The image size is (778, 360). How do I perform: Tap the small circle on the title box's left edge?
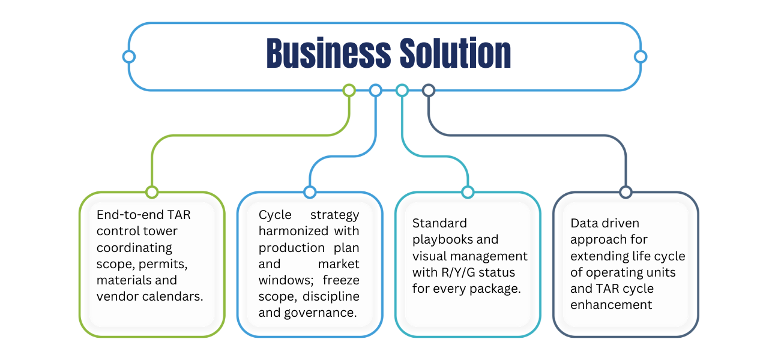128,56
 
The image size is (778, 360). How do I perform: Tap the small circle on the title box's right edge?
641,56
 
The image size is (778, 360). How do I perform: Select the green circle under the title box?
349,91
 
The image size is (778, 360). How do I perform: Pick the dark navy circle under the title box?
428,91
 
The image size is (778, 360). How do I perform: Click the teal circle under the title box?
402,91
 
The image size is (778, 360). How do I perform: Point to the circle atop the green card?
152,192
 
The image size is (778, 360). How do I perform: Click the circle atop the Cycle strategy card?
310,192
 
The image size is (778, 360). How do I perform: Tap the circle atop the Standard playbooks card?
468,192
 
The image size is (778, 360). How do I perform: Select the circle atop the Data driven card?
626,192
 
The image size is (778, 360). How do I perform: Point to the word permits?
155,264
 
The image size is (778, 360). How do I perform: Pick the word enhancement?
611,305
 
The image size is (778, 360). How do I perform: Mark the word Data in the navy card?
583,223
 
